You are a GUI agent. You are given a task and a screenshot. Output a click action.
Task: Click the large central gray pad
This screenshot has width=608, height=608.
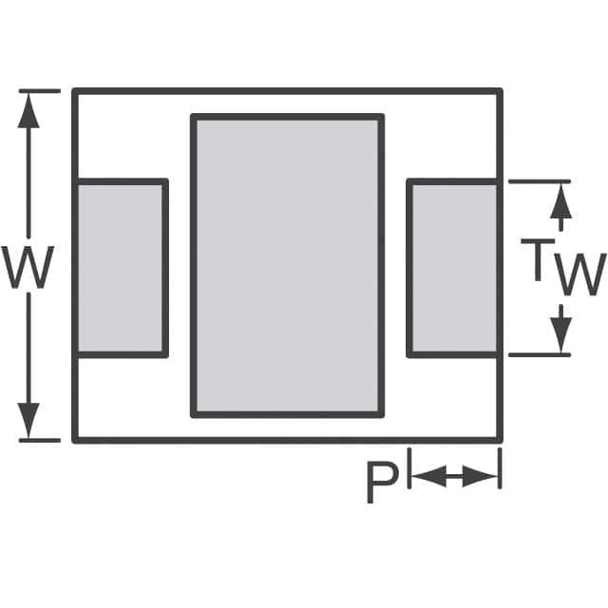[287, 266]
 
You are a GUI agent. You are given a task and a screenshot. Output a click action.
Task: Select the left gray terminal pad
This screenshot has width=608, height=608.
[121, 268]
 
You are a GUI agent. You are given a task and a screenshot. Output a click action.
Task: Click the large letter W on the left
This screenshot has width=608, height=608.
[28, 268]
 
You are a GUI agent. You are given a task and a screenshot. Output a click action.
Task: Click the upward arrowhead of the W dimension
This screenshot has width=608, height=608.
[29, 109]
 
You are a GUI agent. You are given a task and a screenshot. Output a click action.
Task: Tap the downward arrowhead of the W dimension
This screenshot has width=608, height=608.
[29, 420]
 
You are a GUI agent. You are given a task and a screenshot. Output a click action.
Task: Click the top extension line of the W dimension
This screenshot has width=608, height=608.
[40, 90]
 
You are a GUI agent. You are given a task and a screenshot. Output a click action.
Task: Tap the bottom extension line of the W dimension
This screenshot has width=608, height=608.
[40, 440]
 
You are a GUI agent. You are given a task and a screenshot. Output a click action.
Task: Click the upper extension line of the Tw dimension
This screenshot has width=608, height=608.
[540, 180]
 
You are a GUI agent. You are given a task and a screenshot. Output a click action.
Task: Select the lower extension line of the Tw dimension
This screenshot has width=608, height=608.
[540, 354]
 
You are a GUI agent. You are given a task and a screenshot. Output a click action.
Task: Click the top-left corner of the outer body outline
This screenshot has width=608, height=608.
[74, 90]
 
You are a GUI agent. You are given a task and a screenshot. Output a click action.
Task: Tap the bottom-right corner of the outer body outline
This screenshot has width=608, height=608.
[500, 440]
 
